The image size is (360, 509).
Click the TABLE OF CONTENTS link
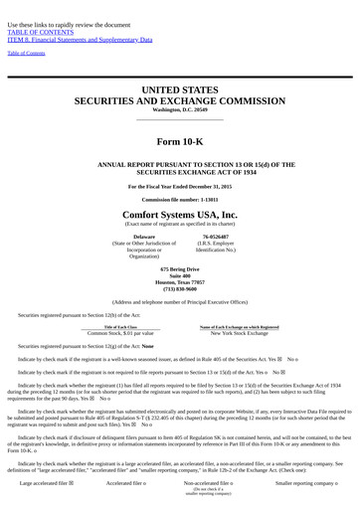click(x=34, y=32)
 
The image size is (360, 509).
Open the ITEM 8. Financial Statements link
click(x=80, y=40)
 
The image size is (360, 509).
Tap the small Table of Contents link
click(x=26, y=53)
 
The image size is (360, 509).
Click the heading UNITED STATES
click(x=180, y=89)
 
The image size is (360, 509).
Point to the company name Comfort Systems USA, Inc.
click(x=180, y=214)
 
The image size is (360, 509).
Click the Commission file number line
click(x=180, y=199)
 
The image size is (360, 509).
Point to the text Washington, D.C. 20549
click(x=180, y=109)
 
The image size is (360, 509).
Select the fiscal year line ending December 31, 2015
click(x=180, y=186)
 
